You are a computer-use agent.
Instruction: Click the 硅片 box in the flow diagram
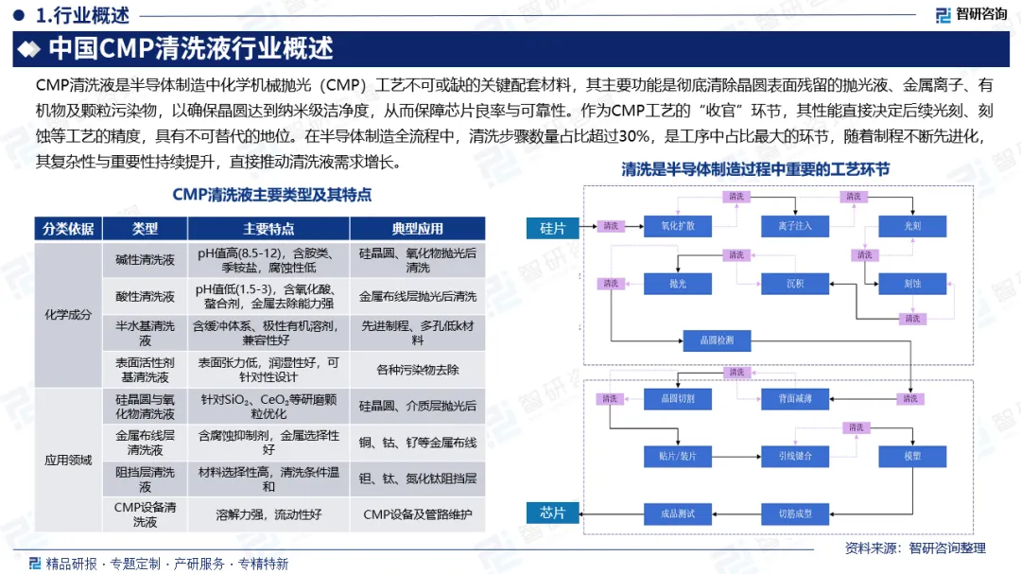pyautogui.click(x=553, y=227)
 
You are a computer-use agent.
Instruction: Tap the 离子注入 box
pyautogui.click(x=795, y=227)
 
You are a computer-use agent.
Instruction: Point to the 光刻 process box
pyautogui.click(x=911, y=227)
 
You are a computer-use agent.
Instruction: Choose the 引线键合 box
pyautogui.click(x=795, y=456)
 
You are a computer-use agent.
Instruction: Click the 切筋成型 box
pyautogui.click(x=795, y=513)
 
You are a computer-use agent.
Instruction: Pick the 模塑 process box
pyautogui.click(x=911, y=456)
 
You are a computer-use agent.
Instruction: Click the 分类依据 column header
pyautogui.click(x=68, y=229)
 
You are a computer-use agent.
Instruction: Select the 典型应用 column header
pyautogui.click(x=417, y=229)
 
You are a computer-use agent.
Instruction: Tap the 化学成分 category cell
pyautogui.click(x=68, y=315)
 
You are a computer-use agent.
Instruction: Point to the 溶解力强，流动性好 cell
pyautogui.click(x=268, y=514)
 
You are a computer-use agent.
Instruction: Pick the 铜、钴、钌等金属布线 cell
pyautogui.click(x=417, y=443)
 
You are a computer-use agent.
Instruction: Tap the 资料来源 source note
pyautogui.click(x=914, y=548)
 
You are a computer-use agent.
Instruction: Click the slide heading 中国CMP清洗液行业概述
pyautogui.click(x=190, y=47)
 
